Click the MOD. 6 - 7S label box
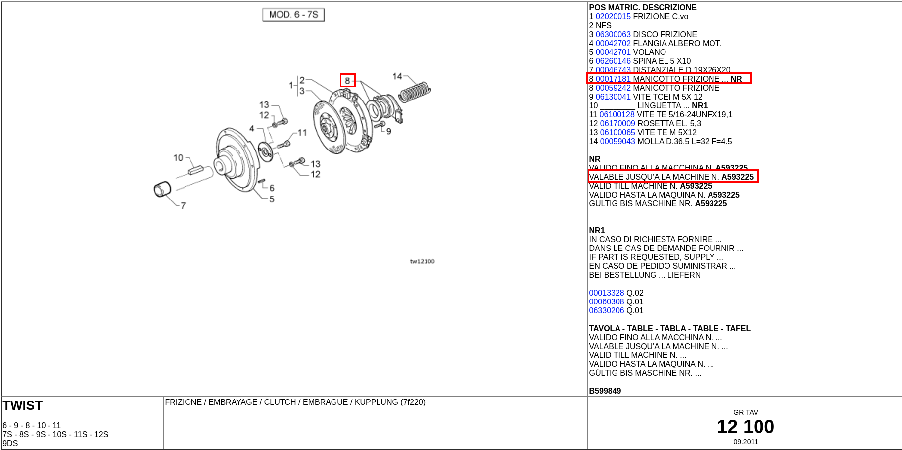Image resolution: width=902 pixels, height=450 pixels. (x=293, y=15)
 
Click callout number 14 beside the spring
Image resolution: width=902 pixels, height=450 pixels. (x=397, y=76)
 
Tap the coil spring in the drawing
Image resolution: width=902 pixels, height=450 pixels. (x=415, y=92)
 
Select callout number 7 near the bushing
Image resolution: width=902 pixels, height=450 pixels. (x=183, y=205)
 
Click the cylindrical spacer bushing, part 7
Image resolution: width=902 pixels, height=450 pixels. (x=162, y=189)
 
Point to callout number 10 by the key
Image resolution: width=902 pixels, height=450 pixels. (x=178, y=158)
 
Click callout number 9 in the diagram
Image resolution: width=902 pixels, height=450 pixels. (x=389, y=131)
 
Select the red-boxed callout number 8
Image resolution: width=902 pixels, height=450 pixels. (x=347, y=80)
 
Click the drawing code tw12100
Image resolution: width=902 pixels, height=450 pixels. (x=422, y=261)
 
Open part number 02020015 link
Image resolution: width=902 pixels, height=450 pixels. (x=613, y=17)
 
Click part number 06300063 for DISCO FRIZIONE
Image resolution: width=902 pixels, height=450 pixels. (x=613, y=35)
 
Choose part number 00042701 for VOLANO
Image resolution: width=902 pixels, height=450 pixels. (x=613, y=52)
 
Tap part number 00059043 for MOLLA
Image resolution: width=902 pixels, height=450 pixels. (x=617, y=142)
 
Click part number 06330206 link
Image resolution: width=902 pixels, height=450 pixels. (x=607, y=311)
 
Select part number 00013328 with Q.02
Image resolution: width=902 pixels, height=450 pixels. (x=607, y=293)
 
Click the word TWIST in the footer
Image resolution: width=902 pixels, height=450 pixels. (x=23, y=406)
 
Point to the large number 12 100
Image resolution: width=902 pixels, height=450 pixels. (x=745, y=427)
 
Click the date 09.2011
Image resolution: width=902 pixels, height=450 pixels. (x=745, y=442)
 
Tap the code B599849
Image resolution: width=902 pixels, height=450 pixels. (x=605, y=391)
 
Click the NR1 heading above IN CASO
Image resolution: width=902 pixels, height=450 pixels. (x=597, y=231)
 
